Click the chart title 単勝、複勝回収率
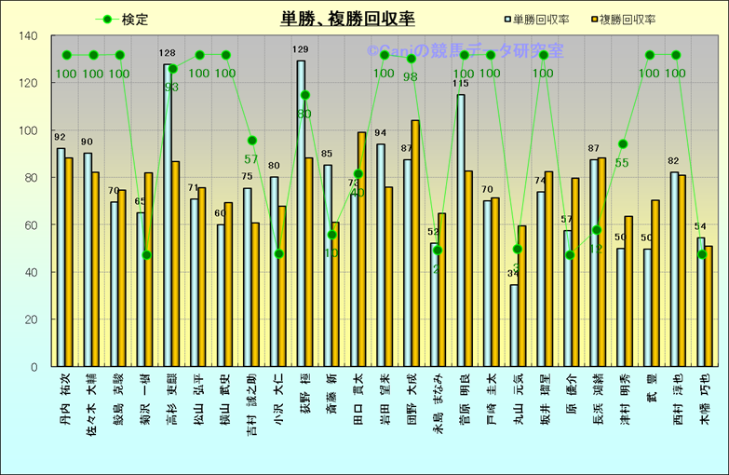[x=347, y=18]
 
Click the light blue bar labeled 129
[x=301, y=213]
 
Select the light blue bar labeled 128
[x=168, y=215]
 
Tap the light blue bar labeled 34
[x=514, y=325]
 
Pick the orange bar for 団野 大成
[x=415, y=243]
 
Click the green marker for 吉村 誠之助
[x=251, y=141]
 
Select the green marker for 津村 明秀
[x=623, y=144]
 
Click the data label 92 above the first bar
[x=61, y=138]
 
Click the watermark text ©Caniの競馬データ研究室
[x=456, y=53]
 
